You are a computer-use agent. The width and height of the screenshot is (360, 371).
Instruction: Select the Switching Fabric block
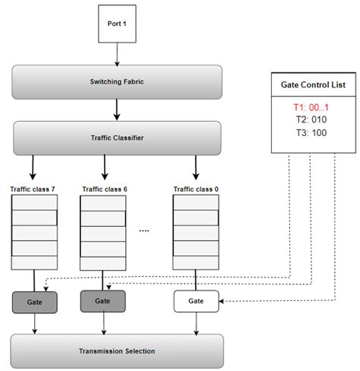coord(116,82)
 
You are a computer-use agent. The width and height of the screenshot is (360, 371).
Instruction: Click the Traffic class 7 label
coord(33,188)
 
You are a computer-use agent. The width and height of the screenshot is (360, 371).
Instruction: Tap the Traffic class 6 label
coord(103,188)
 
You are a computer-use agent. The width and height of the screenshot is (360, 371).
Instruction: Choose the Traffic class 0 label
coord(195,188)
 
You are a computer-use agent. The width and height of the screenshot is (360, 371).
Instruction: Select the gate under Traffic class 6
coord(103,302)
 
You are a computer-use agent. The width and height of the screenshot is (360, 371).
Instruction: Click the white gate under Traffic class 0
coord(196,302)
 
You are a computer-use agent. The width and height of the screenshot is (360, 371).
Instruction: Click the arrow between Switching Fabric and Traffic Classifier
coord(116,111)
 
